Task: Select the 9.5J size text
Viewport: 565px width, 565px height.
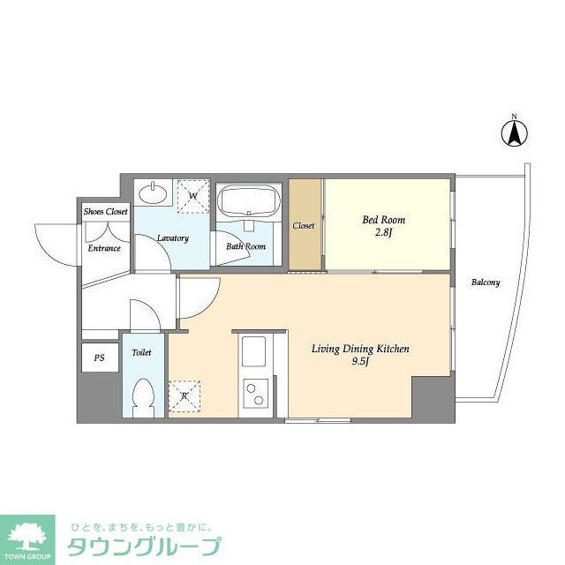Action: tap(360, 362)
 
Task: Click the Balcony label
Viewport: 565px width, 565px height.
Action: tap(485, 282)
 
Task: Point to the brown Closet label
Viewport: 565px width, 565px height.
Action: tap(304, 226)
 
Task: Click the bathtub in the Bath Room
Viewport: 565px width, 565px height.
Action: tap(249, 202)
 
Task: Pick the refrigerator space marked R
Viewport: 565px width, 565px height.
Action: tap(184, 395)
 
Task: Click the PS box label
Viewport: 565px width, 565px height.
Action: tap(99, 358)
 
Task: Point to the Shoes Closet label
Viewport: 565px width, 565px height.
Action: tap(106, 212)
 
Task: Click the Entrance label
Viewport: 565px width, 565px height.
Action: tap(103, 248)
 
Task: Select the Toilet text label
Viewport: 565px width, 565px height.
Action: tap(141, 352)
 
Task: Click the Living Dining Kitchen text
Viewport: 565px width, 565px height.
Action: tap(360, 349)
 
